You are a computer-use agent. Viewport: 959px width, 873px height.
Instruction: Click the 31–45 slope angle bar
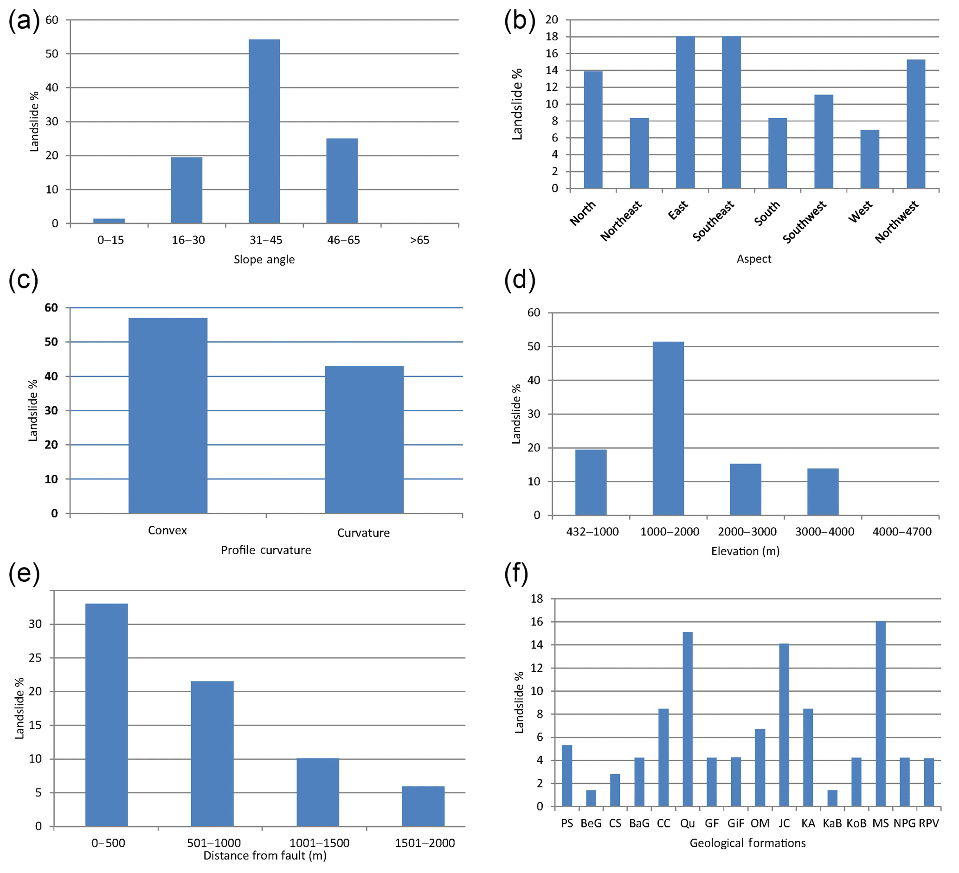tap(264, 131)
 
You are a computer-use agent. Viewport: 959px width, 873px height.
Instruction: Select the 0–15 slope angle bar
tap(109, 221)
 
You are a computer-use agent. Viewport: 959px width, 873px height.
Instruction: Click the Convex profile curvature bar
tap(168, 415)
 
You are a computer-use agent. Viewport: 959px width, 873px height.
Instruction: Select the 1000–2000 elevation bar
tap(668, 428)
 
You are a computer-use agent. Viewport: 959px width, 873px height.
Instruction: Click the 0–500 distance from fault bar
tap(107, 715)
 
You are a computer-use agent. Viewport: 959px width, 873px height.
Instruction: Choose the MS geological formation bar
tap(880, 714)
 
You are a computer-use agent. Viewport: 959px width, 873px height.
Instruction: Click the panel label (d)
tap(520, 280)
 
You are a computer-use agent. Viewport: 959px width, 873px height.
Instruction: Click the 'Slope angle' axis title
tap(264, 260)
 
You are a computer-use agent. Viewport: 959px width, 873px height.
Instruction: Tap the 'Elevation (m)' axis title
tap(745, 551)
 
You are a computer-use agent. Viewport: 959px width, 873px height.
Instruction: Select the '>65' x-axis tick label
tap(419, 241)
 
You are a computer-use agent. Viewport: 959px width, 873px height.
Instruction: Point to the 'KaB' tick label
tap(832, 823)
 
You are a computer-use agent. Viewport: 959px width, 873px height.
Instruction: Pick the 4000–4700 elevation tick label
tap(901, 532)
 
